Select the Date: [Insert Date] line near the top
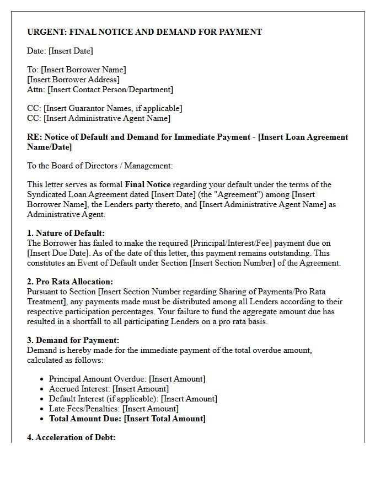point(60,51)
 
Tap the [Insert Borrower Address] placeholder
point(73,80)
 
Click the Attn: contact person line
point(100,89)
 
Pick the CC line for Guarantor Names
point(104,108)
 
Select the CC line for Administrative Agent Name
point(99,118)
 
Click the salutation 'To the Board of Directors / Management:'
point(100,166)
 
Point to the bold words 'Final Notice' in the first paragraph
point(148,184)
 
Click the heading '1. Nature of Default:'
point(66,233)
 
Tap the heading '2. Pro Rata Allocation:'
point(70,282)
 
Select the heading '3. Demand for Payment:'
point(73,340)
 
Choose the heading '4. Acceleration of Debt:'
point(71,437)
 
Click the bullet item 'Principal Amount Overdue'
point(127,379)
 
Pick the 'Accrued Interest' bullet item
point(109,389)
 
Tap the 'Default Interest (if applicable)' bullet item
point(133,399)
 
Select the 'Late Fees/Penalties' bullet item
point(114,409)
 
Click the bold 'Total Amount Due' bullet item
point(127,419)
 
